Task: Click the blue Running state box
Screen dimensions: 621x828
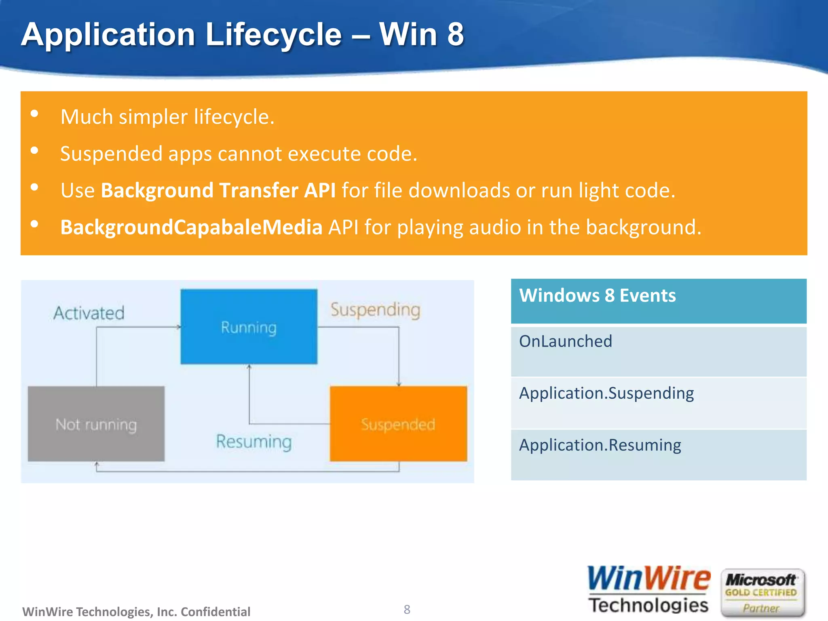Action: pos(249,327)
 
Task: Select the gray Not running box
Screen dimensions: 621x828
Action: pos(96,424)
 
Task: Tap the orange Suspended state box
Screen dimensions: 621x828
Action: pos(398,424)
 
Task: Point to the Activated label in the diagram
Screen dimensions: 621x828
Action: pos(89,313)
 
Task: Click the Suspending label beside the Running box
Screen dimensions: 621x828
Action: pos(375,310)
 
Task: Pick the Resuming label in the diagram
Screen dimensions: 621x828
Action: pos(254,441)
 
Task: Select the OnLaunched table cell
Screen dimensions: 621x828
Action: pos(658,351)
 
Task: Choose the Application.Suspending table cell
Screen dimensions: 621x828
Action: pos(658,402)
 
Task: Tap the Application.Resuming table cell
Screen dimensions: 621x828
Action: pos(658,454)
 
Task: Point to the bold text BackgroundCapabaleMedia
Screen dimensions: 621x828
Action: pos(191,227)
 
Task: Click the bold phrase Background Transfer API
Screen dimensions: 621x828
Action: pos(218,190)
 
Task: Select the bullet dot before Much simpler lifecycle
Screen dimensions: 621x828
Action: pos(34,114)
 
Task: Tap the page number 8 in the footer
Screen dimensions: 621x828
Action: pos(407,609)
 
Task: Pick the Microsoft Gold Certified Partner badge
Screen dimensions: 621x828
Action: pos(762,592)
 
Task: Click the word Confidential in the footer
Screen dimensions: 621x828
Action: pos(215,612)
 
